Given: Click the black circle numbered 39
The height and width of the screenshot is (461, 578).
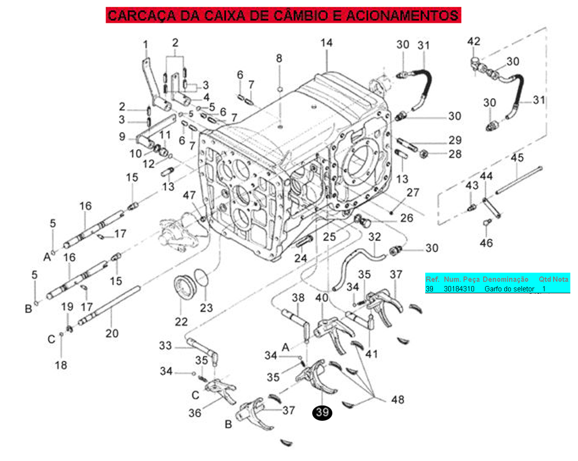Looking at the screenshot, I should click(322, 412).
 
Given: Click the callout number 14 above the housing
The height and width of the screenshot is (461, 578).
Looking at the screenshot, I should click(326, 43).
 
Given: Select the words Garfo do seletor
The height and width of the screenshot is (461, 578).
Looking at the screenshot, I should click(509, 289).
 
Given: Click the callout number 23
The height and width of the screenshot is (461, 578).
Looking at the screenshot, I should click(206, 307).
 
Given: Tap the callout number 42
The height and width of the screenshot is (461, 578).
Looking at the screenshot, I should click(474, 41).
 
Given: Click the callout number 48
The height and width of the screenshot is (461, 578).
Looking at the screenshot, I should click(397, 399).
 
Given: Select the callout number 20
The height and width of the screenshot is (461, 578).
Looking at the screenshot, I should click(112, 333).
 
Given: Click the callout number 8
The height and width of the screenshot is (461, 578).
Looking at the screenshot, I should click(279, 58).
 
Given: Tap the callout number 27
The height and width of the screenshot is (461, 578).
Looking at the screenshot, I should click(413, 193).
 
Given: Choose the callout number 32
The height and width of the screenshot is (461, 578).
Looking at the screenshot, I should click(374, 237).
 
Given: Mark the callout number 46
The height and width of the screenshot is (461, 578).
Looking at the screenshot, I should click(486, 243).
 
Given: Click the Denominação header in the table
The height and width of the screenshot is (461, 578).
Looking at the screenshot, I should click(505, 279).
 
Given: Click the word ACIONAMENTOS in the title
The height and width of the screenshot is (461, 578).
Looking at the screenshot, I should click(410, 15).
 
